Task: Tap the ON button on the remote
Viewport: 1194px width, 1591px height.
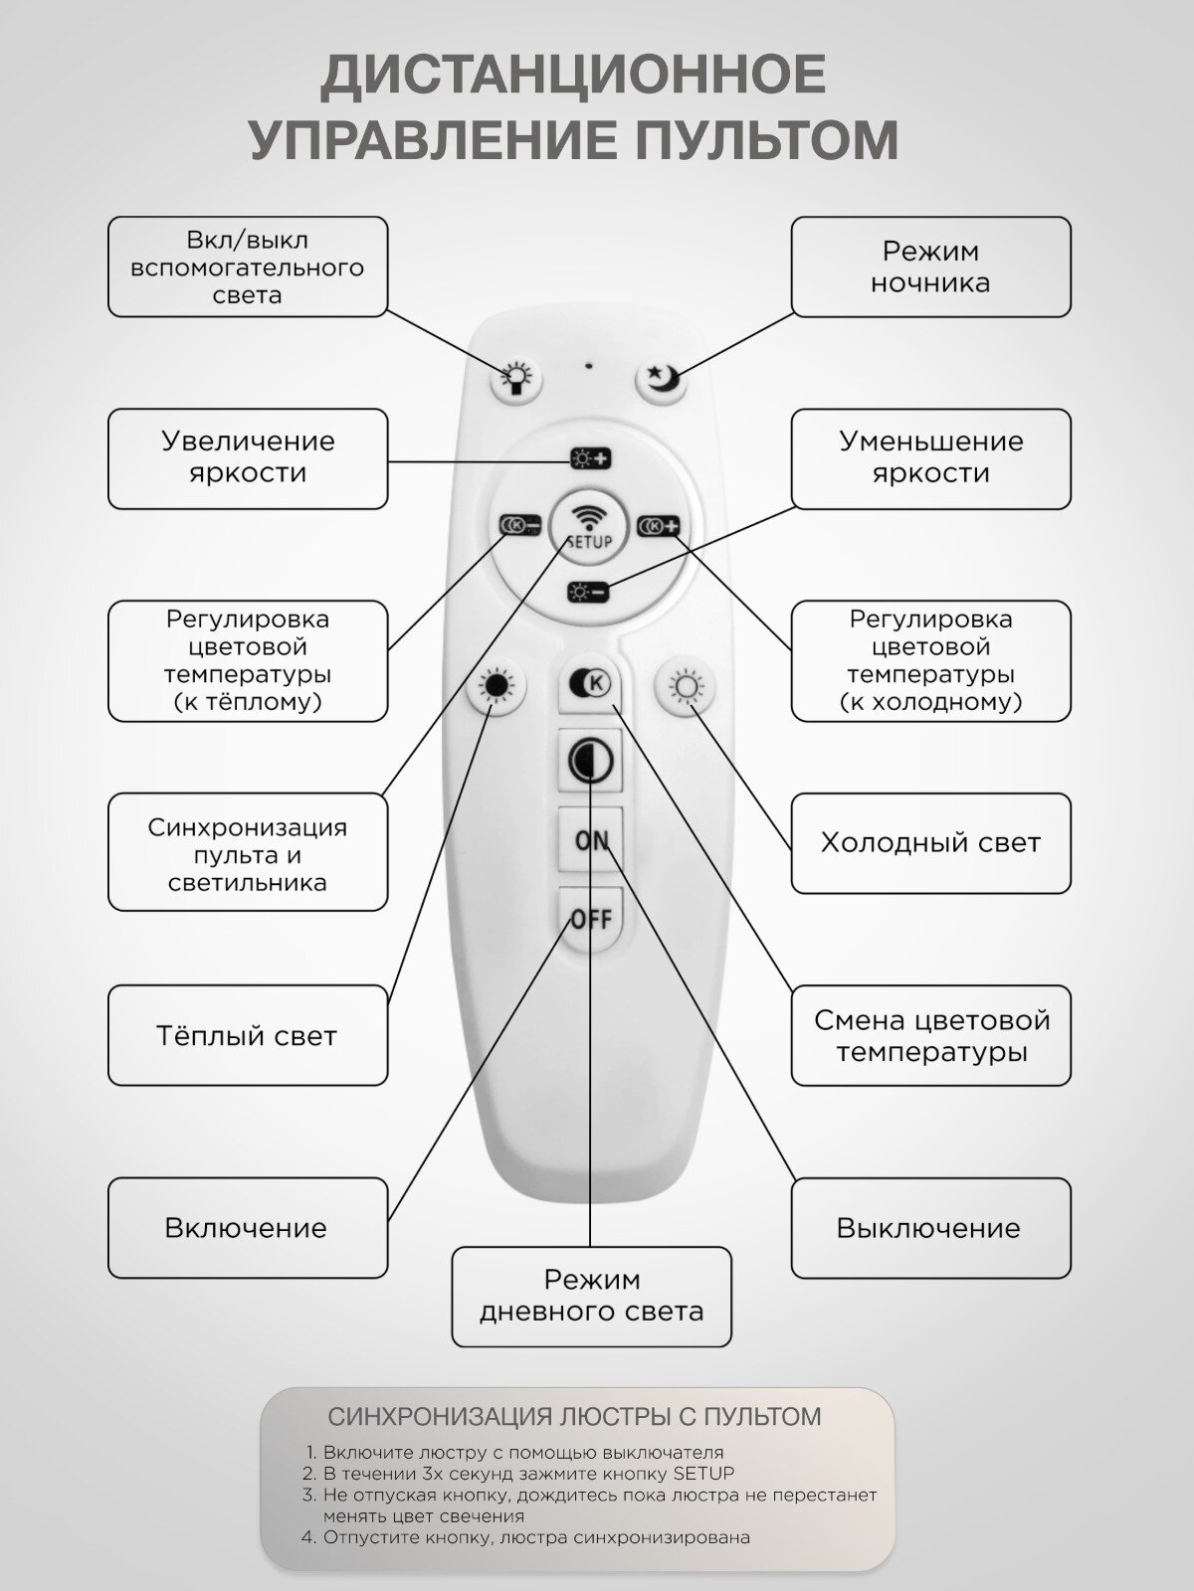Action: pyautogui.click(x=592, y=840)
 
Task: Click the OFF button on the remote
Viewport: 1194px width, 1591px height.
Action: pyautogui.click(x=591, y=918)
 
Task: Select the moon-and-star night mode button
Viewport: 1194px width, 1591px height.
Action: pyautogui.click(x=662, y=379)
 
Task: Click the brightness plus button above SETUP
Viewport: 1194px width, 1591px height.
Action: pyautogui.click(x=590, y=458)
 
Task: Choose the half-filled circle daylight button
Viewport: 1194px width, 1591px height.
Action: pyautogui.click(x=591, y=762)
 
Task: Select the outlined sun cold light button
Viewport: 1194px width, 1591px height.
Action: pyautogui.click(x=686, y=687)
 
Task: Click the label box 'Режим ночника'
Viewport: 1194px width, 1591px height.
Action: pyautogui.click(x=930, y=266)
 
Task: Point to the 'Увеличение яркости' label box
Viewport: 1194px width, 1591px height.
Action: pyautogui.click(x=248, y=458)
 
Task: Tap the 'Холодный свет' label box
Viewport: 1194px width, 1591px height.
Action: pyautogui.click(x=930, y=843)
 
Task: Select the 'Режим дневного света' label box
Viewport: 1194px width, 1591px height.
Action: pyautogui.click(x=591, y=1296)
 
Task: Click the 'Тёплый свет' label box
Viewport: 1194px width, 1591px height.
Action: pyautogui.click(x=248, y=1035)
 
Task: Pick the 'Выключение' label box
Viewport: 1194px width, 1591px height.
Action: pyautogui.click(x=930, y=1228)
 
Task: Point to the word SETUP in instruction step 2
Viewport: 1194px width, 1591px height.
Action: pyautogui.click(x=703, y=1473)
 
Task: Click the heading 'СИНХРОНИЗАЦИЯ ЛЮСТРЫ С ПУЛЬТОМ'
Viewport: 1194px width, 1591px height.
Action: pyautogui.click(x=575, y=1416)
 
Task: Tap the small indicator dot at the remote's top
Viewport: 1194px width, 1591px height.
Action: pyautogui.click(x=589, y=365)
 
